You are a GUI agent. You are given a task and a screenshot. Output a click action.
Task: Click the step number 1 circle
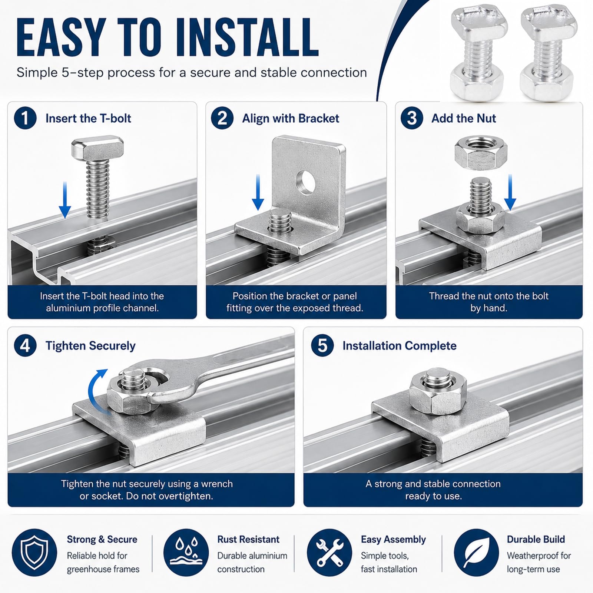pos(25,118)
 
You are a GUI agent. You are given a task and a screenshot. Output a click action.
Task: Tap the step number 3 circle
pos(412,118)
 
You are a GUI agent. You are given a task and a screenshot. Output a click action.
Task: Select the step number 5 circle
pos(322,345)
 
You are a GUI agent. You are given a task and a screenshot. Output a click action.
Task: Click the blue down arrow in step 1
pos(65,200)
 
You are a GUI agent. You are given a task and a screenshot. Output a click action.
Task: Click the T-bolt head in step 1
pos(97,148)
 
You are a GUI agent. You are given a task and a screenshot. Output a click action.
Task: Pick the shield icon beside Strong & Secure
pos(34,553)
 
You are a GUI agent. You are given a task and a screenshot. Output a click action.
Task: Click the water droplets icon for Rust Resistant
pos(186,553)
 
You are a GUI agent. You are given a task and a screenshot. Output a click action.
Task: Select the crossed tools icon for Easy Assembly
pos(329,553)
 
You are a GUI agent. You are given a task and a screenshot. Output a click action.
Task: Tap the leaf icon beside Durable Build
pos(477,553)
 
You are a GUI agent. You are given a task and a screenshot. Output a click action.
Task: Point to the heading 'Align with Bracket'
pos(291,118)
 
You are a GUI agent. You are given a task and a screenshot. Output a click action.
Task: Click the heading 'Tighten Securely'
pos(90,346)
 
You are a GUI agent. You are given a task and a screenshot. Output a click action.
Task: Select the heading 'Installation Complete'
pos(400,346)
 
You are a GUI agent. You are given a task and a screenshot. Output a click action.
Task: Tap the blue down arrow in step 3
pos(510,192)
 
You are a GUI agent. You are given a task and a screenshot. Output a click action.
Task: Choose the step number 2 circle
pos(222,118)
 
